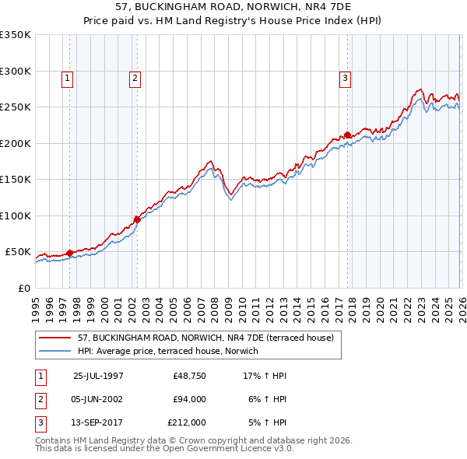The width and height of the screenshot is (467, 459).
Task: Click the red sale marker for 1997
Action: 70,253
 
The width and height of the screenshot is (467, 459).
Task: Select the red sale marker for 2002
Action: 137,219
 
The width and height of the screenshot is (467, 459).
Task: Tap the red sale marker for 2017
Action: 347,135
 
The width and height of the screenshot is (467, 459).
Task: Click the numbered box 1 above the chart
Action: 68,78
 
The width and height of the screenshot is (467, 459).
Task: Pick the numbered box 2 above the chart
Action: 135,78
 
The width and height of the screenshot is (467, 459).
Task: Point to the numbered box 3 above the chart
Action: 345,78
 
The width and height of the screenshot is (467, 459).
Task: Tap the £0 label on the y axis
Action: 23,288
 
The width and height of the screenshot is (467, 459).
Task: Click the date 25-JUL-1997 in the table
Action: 98,376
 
